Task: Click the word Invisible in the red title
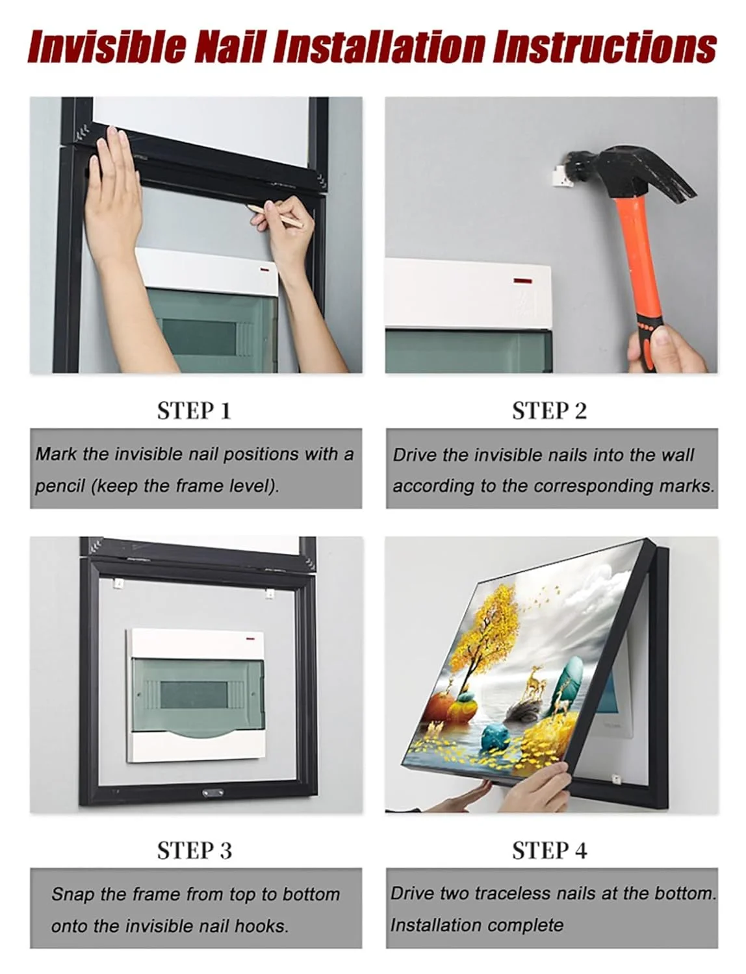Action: coord(107,46)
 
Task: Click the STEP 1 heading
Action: coord(194,410)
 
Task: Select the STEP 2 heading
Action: coord(549,410)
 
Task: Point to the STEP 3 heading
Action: coord(194,851)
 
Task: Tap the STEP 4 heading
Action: coord(550,851)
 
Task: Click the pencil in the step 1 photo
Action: coord(274,216)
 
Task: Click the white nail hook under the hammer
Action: coord(561,176)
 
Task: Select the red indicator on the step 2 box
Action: coord(522,281)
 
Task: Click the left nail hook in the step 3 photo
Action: coord(118,584)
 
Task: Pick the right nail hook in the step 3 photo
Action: coord(269,593)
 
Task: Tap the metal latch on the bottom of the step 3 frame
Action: coord(213,792)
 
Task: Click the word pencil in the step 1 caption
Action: coord(60,486)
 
